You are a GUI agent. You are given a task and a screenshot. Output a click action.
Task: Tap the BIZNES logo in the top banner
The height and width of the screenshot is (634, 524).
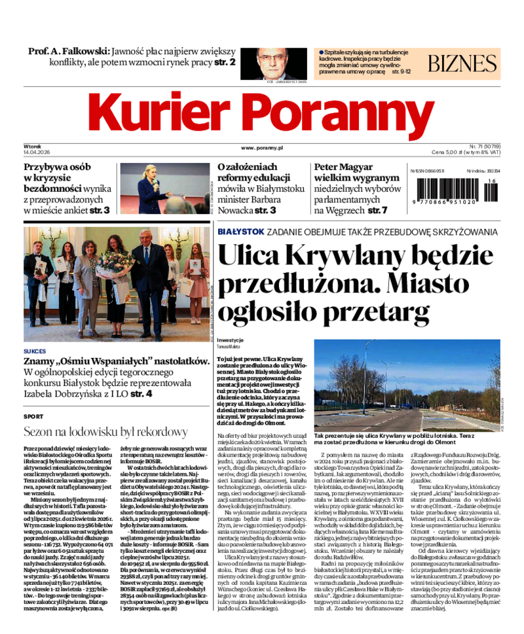[462, 63]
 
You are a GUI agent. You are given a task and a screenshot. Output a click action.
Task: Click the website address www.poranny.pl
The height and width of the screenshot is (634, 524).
[261, 149]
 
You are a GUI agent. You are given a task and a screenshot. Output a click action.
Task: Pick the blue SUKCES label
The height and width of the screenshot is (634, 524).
[35, 351]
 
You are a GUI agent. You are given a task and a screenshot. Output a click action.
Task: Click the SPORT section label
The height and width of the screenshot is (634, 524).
[33, 416]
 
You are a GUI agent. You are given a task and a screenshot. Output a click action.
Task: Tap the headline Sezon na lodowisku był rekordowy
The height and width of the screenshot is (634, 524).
[105, 432]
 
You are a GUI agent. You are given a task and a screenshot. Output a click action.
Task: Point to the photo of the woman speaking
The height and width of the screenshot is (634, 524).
[164, 188]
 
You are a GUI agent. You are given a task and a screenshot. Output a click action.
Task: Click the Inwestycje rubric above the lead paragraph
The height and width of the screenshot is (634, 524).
[231, 340]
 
